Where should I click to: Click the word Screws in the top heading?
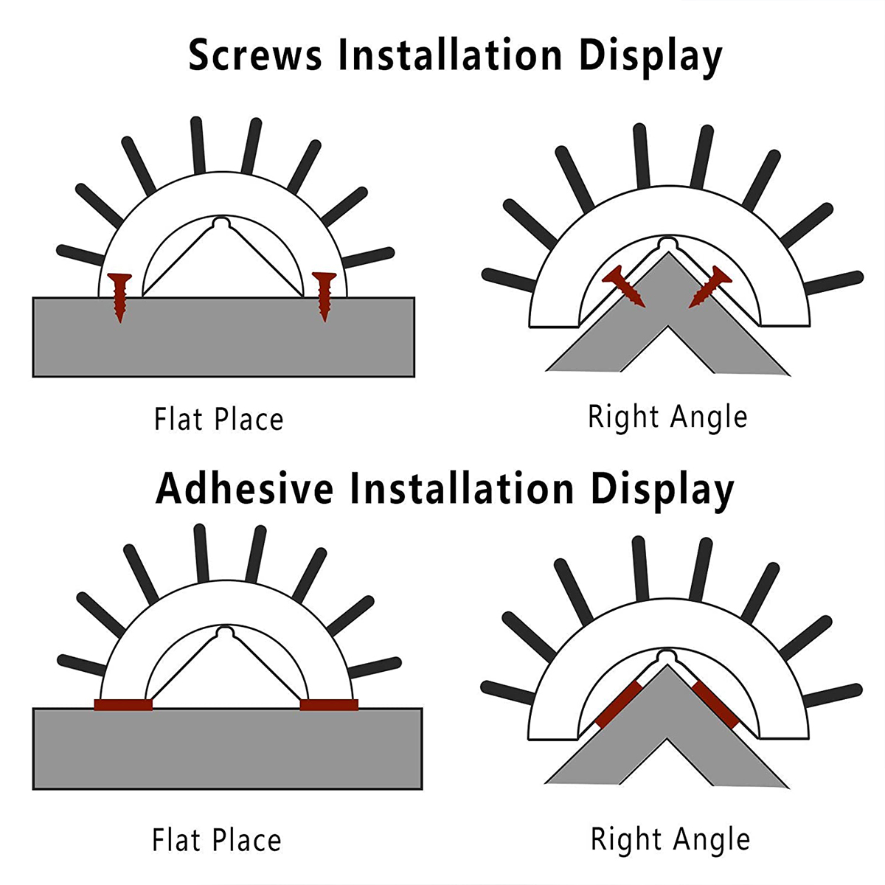(255, 55)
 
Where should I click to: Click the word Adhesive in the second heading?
(245, 489)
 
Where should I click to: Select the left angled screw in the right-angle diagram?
(624, 286)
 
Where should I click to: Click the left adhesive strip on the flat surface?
(123, 704)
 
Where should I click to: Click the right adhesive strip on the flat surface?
(329, 704)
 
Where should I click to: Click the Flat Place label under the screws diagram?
(218, 419)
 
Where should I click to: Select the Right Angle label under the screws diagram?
(667, 417)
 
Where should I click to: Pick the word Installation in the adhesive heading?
(462, 489)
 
